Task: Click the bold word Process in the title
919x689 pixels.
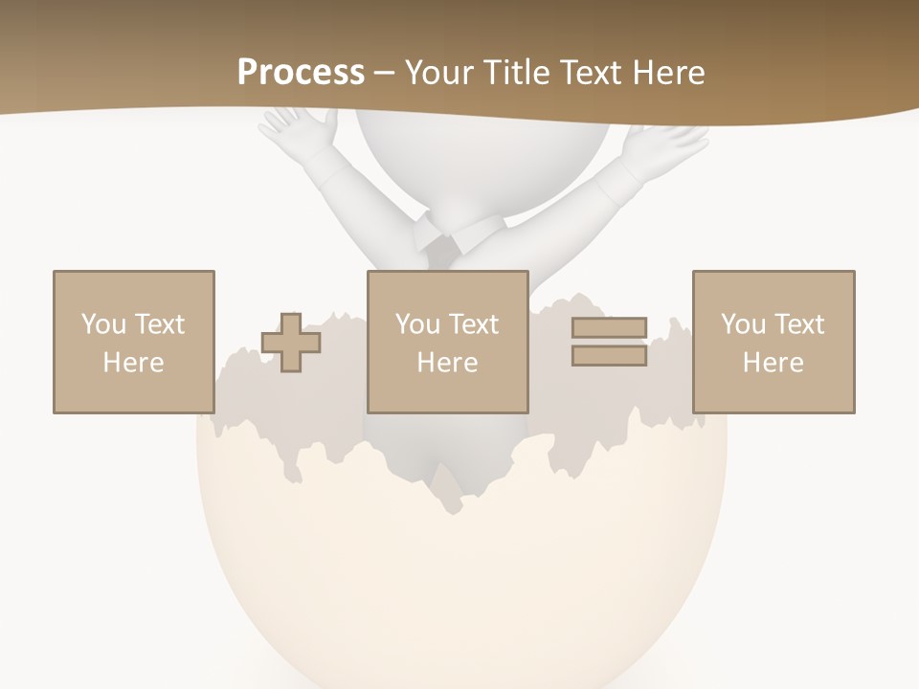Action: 301,73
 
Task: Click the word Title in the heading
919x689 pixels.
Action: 518,73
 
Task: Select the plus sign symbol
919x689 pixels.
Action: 291,343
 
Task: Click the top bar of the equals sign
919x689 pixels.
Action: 609,328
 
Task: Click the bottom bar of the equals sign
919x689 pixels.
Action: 609,356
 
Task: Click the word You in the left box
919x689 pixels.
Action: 102,324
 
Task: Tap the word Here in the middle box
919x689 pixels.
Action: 447,363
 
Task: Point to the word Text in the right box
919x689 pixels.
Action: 798,324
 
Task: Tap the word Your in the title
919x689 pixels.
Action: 439,73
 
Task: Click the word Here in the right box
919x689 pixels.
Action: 773,363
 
